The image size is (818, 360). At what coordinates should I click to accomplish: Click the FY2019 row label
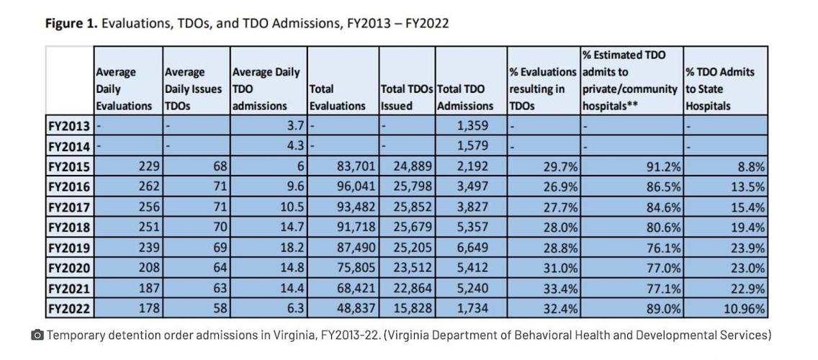(x=69, y=248)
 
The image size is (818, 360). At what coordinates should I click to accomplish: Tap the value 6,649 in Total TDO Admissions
(x=472, y=248)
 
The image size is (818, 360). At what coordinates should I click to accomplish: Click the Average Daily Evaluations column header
(x=124, y=89)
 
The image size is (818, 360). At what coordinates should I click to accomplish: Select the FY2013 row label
(x=69, y=125)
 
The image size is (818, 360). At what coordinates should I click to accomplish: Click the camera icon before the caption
(x=37, y=336)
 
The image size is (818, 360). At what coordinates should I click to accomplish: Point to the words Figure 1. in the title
(x=71, y=24)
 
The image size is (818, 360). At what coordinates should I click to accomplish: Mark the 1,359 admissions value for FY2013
(x=472, y=125)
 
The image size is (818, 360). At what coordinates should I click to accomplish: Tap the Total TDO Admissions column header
(x=466, y=97)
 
